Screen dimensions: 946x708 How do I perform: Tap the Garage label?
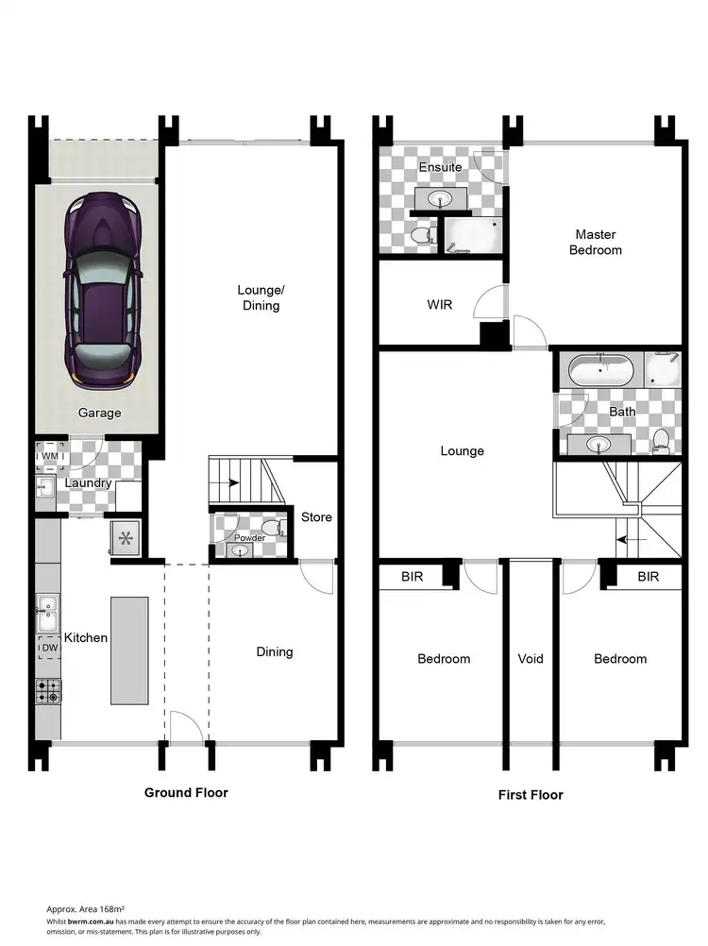coord(99,413)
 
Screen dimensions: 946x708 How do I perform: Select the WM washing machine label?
coord(49,457)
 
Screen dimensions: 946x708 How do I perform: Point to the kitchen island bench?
coord(129,650)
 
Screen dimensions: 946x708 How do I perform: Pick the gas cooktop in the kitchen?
coord(47,691)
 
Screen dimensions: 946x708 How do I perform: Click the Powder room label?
coord(249,538)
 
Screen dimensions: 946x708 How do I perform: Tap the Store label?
coord(316,517)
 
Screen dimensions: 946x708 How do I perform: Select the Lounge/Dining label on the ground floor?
coord(260,298)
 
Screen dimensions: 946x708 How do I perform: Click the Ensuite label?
coord(440,167)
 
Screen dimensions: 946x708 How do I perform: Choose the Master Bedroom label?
coord(596,242)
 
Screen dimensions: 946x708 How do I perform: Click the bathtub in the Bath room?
coord(600,370)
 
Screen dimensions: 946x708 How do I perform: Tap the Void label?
coord(531,658)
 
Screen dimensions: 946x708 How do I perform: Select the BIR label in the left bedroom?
coord(412,576)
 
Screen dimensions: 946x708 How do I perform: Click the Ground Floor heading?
coord(186,792)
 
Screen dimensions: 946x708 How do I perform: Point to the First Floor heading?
coord(531,795)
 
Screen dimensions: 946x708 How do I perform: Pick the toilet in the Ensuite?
coord(422,232)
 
